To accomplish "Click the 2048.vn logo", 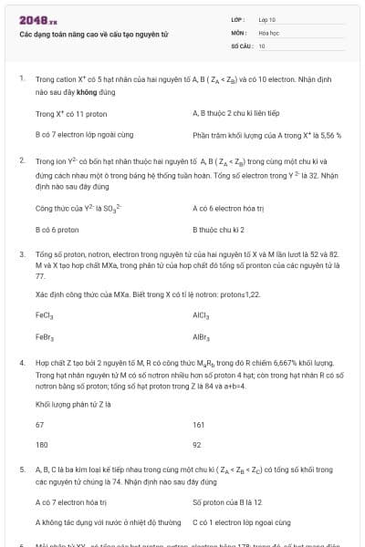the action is click(37, 20).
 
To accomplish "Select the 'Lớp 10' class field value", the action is click(266, 19).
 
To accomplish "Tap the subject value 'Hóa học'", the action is click(268, 32).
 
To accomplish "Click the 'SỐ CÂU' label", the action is click(241, 45).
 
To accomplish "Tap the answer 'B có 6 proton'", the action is click(57, 231).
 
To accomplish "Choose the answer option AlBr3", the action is click(203, 336).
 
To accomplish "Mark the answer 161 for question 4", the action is click(199, 425).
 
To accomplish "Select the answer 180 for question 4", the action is click(41, 445).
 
